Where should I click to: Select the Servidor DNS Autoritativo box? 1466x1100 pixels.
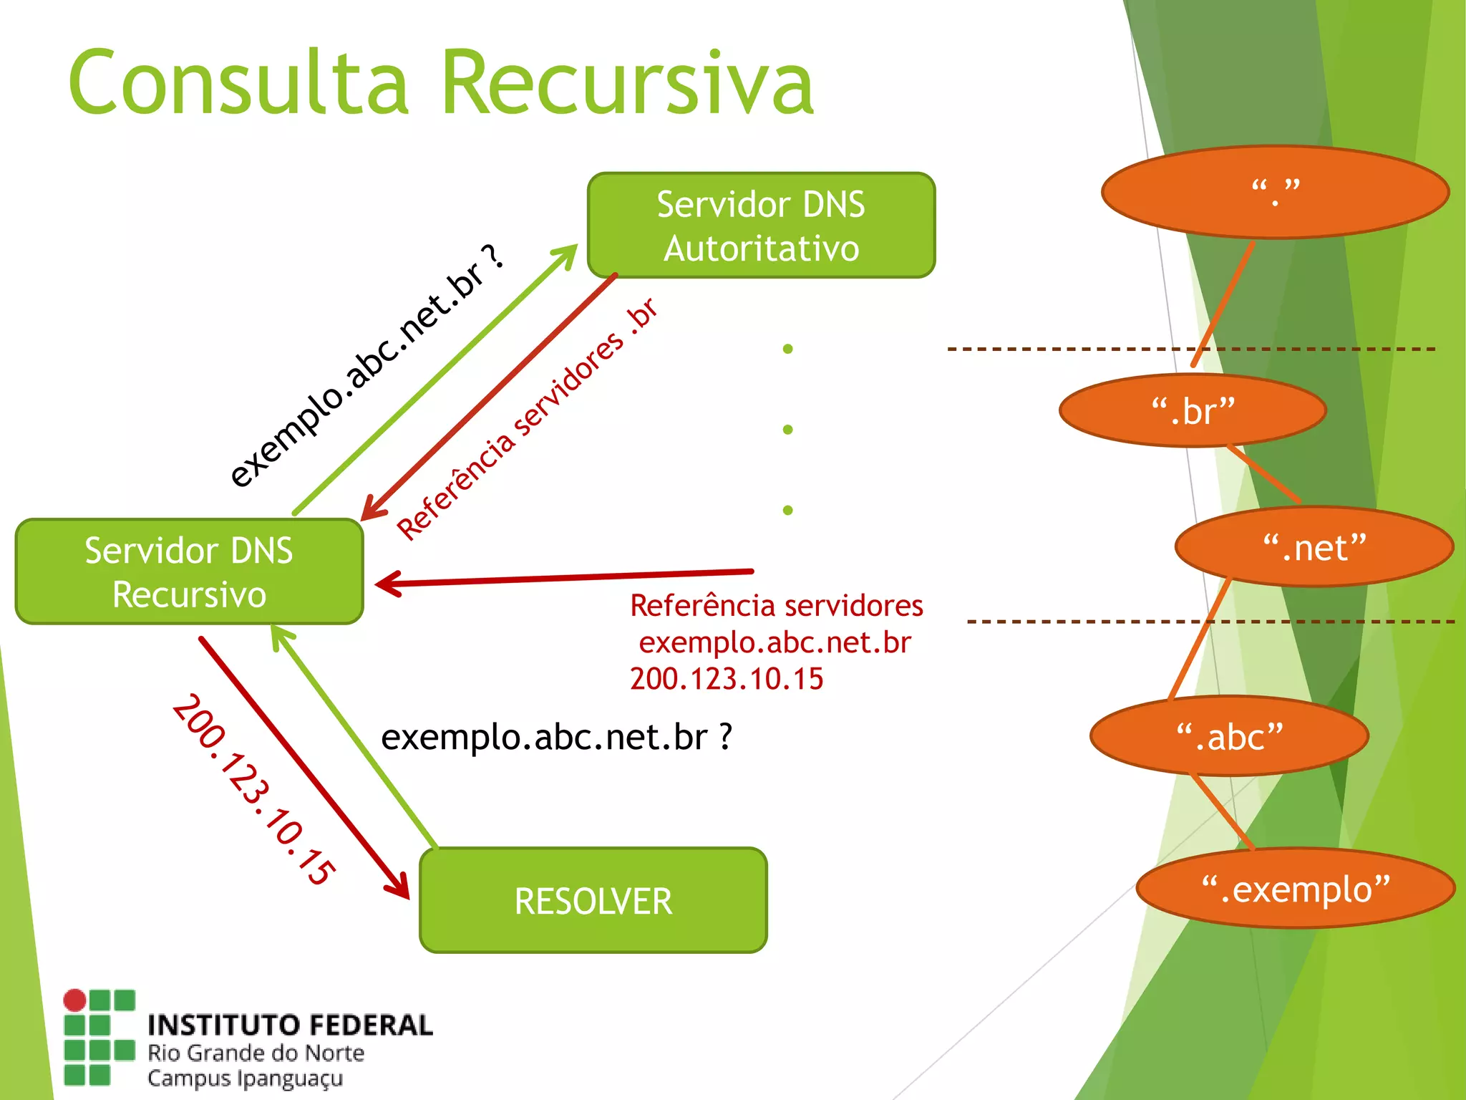pyautogui.click(x=761, y=225)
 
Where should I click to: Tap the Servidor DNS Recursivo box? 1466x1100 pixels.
pyautogui.click(x=189, y=571)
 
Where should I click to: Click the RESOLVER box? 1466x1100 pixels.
pyautogui.click(x=593, y=900)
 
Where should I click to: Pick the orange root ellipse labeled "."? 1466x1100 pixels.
pyautogui.click(x=1275, y=192)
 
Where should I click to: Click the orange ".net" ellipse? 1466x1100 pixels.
pyautogui.click(x=1314, y=547)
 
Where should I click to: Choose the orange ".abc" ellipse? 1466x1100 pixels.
pyautogui.click(x=1229, y=736)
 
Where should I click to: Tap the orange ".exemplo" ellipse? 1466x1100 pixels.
pyautogui.click(x=1296, y=889)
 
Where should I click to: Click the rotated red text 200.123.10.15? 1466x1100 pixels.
pyautogui.click(x=253, y=789)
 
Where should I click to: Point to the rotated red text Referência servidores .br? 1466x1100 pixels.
pyautogui.click(x=526, y=420)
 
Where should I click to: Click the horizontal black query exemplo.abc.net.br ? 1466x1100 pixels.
pyautogui.click(x=556, y=737)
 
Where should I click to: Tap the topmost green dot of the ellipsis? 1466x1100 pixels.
pyautogui.click(x=787, y=349)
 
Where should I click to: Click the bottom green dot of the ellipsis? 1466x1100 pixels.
pyautogui.click(x=787, y=511)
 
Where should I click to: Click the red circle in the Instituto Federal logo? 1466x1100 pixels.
pyautogui.click(x=74, y=1000)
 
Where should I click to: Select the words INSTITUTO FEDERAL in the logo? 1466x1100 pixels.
pyautogui.click(x=290, y=1026)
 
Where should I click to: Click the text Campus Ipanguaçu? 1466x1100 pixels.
pyautogui.click(x=245, y=1079)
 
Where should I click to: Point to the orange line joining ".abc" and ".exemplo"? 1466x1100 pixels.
pyautogui.click(x=1223, y=811)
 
